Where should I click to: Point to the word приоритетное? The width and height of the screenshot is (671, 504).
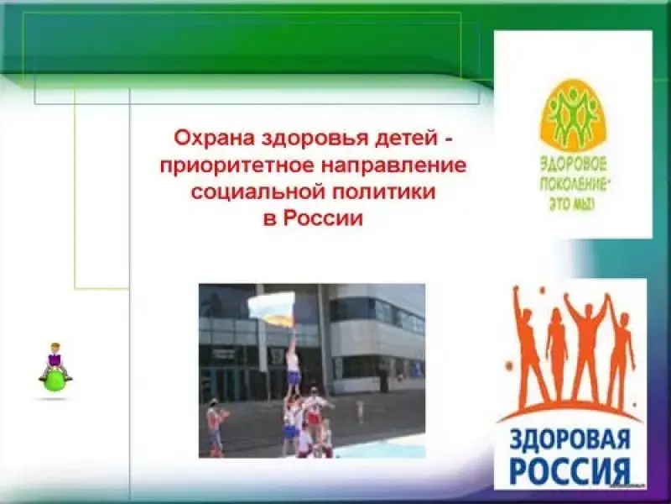(237, 166)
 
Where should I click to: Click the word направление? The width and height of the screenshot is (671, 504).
(393, 166)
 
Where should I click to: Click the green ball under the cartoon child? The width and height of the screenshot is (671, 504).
(55, 381)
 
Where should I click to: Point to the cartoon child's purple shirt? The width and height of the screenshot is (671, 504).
(55, 360)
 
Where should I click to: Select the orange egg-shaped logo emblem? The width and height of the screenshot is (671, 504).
(573, 116)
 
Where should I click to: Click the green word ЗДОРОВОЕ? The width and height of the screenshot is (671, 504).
(573, 165)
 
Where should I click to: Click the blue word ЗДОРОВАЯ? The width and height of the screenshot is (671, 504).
(570, 443)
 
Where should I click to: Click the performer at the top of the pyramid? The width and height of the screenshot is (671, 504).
(293, 361)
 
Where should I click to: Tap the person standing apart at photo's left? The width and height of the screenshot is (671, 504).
(216, 427)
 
